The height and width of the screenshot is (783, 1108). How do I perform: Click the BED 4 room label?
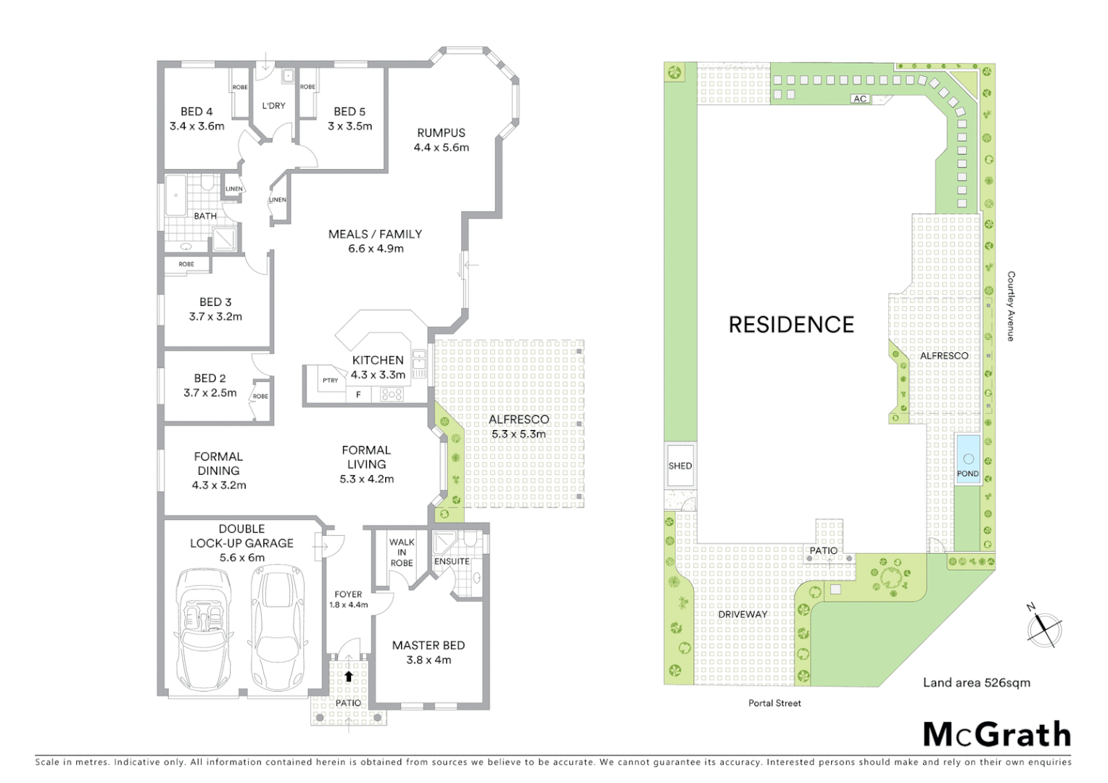(197, 112)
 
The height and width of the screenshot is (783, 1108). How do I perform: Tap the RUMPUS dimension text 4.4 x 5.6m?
(441, 147)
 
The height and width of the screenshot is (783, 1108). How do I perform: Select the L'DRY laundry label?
(273, 106)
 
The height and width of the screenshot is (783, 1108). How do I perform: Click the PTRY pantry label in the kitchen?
(330, 381)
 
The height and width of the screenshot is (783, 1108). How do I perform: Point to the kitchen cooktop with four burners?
(392, 395)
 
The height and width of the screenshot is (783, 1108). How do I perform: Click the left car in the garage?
(203, 629)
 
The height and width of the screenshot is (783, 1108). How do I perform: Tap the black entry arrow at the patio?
(349, 676)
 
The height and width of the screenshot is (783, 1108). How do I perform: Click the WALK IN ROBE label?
(401, 552)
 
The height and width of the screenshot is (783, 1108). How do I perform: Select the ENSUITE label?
(452, 561)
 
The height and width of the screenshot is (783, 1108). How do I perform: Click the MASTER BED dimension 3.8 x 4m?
(428, 660)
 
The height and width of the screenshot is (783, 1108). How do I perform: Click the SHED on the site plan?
(680, 466)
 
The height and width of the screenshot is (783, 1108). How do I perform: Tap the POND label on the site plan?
(967, 473)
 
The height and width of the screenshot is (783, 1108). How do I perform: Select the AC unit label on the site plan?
(860, 99)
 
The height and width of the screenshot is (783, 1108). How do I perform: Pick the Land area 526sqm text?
(976, 682)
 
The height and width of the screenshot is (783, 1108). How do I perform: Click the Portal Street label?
(774, 703)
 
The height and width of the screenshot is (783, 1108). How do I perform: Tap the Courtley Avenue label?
(1011, 306)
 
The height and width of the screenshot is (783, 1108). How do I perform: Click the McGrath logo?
(996, 734)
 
